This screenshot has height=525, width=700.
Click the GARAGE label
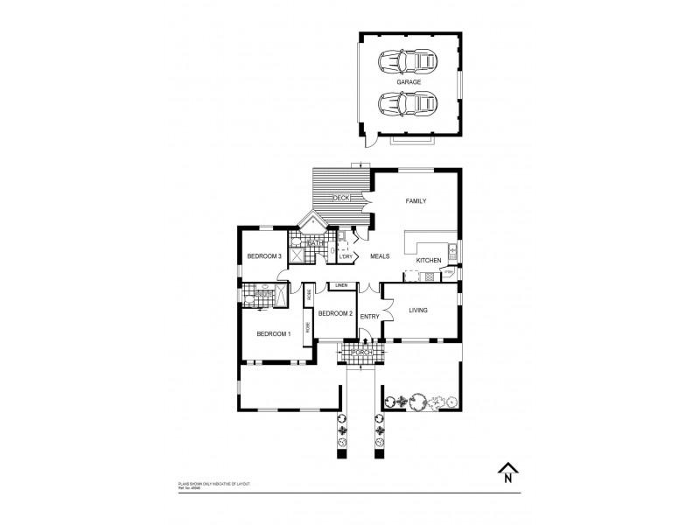click(409, 82)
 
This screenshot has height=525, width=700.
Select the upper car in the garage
click(408, 62)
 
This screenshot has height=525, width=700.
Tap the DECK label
click(340, 199)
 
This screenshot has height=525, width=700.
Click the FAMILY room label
click(415, 201)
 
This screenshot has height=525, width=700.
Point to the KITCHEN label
click(428, 261)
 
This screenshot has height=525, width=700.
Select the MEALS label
click(379, 256)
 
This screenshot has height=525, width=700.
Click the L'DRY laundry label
click(346, 256)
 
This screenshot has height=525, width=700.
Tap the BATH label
click(312, 242)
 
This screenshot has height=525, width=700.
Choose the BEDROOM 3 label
click(263, 256)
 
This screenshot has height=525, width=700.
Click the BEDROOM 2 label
click(334, 313)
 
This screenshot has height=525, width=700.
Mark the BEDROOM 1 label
click(273, 334)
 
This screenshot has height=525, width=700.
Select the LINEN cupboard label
click(341, 286)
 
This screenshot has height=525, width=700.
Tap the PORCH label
click(362, 354)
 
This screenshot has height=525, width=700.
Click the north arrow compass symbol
click(507, 472)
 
